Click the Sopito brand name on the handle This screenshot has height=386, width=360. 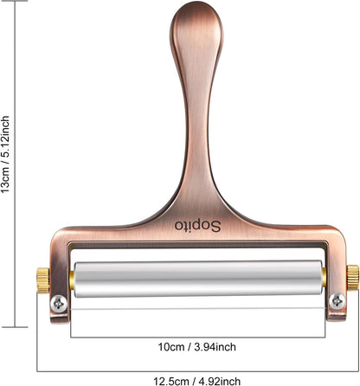tap(197, 226)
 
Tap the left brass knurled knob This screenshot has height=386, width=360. tap(42, 280)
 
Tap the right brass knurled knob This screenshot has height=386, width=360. tap(352, 278)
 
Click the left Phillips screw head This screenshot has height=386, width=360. tap(59, 304)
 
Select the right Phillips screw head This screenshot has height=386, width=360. tap(337, 301)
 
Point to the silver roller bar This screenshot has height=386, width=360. tap(198, 279)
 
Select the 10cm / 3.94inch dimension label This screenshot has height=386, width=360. tap(196, 347)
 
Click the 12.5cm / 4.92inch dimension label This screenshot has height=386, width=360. tap(196, 381)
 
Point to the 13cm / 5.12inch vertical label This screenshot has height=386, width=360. tap(5, 154)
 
